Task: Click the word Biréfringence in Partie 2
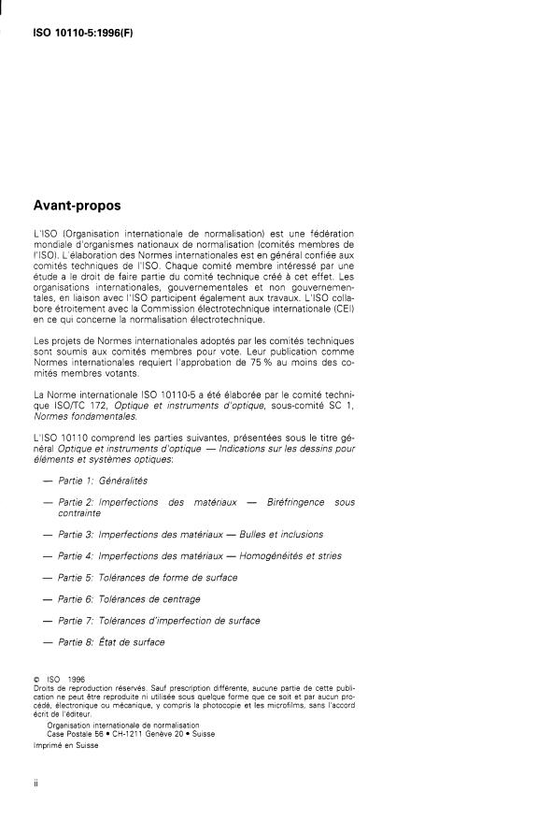point(291,502)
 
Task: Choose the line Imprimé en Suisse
point(65,746)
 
